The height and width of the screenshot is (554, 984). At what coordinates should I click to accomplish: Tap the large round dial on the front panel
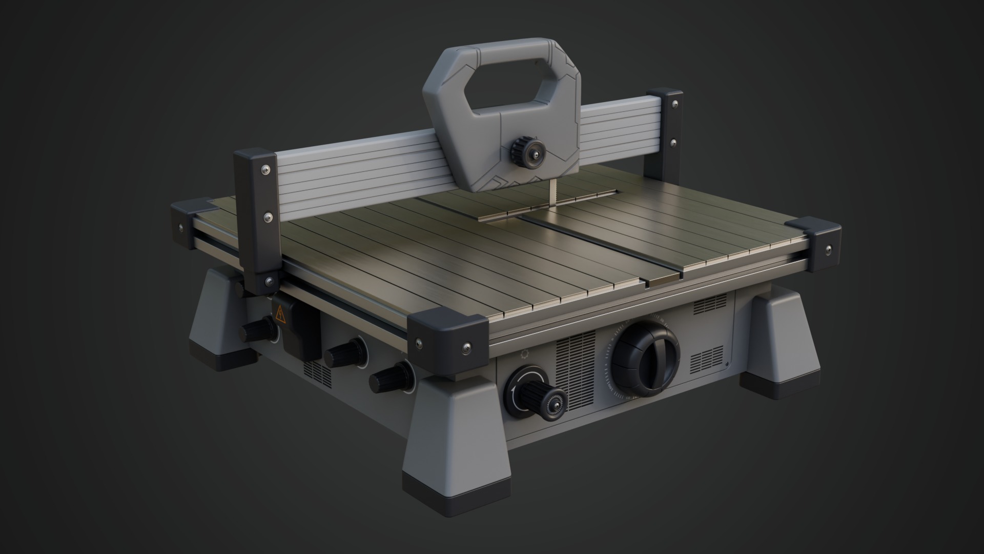[645, 359]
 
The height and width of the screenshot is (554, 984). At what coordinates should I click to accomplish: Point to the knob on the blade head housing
[528, 151]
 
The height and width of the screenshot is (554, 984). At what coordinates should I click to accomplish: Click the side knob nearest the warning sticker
[256, 328]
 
